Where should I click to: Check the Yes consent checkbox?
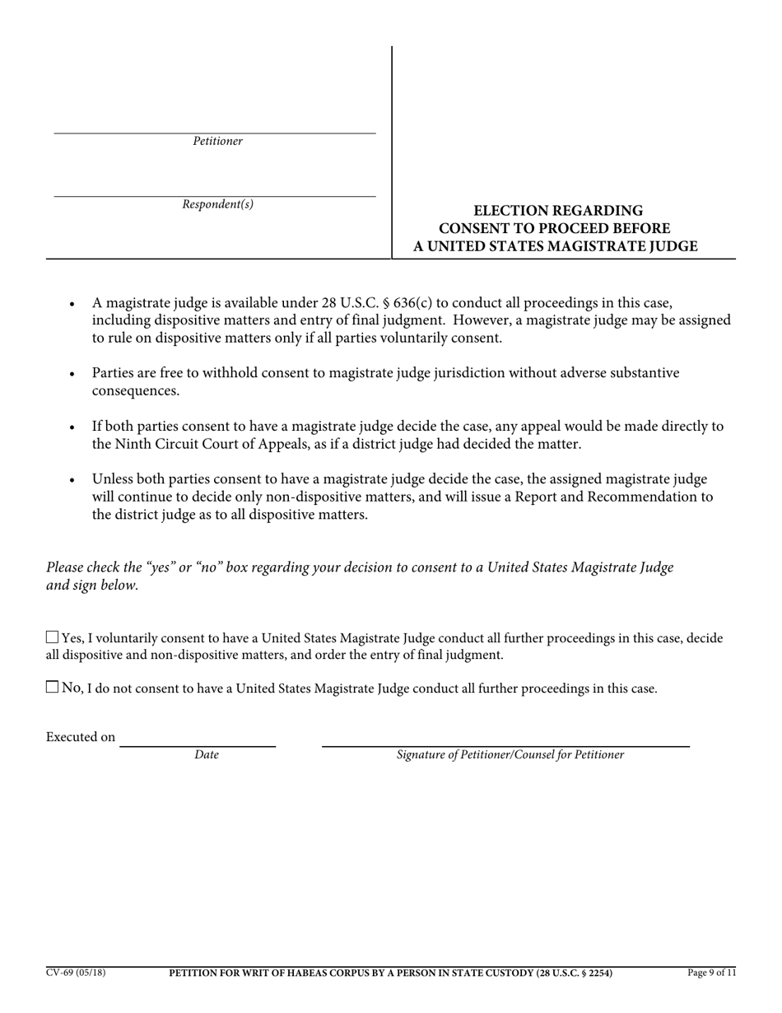point(53,637)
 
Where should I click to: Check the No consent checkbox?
point(53,687)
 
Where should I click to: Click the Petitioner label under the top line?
point(218,142)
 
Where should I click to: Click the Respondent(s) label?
point(218,205)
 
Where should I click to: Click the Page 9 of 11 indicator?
point(711,973)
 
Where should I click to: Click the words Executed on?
point(81,737)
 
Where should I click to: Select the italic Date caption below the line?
point(207,754)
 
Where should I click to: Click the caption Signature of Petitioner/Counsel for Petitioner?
point(510,754)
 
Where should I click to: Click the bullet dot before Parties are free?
point(73,375)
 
